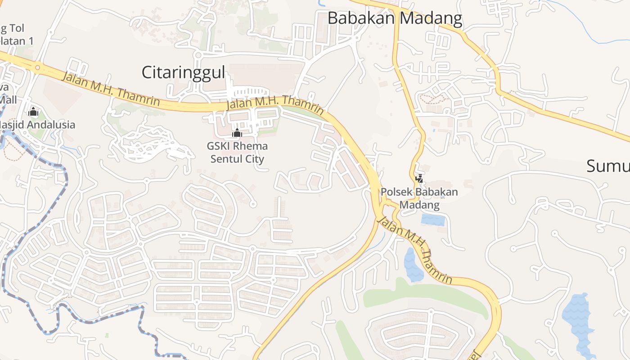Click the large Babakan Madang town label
tap(395, 18)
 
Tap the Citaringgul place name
tap(183, 72)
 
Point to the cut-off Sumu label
tap(608, 166)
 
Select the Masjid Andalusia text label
tap(38, 125)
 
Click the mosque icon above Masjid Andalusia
tap(33, 112)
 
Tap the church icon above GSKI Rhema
tap(237, 133)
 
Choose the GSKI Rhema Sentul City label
tap(237, 153)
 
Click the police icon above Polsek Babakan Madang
tap(419, 179)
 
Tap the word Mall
tap(8, 99)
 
